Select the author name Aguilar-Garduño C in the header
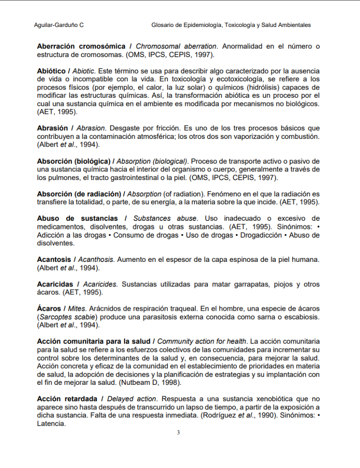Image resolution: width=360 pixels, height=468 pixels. pos(59,25)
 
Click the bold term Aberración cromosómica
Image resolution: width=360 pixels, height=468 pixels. pos(81,47)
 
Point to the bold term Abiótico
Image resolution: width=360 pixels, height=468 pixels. pos(51,71)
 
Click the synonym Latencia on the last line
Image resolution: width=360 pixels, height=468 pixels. pos(51,424)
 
